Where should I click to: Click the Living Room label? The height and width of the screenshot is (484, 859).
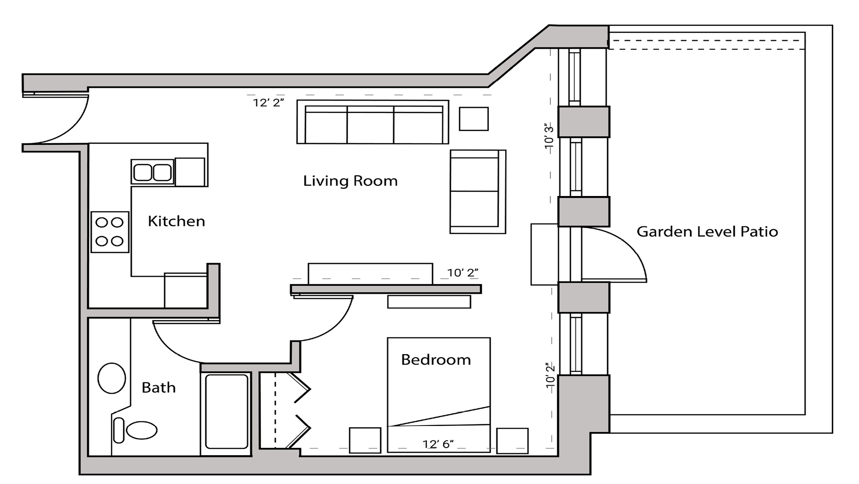350,181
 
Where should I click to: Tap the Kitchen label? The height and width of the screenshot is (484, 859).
176,221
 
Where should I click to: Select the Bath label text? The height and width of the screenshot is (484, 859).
158,388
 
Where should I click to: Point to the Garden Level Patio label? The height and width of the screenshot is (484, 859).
707,232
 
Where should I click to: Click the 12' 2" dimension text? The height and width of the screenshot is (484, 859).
268,103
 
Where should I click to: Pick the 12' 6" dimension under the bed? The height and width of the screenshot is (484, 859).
438,444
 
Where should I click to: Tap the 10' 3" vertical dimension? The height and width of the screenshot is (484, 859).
549,136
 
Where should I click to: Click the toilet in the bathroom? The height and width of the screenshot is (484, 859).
137,430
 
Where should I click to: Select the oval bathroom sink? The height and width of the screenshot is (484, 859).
112,378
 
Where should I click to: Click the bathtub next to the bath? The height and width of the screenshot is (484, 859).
226,411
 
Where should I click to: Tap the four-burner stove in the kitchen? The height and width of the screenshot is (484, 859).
110,232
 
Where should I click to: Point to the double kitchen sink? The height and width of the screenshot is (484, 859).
152,172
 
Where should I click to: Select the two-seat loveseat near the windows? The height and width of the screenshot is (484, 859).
477,191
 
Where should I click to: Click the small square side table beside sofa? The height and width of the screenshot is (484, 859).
473,119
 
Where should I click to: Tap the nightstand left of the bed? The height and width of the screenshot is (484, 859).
365,440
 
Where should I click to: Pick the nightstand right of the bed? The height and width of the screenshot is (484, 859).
512,440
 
